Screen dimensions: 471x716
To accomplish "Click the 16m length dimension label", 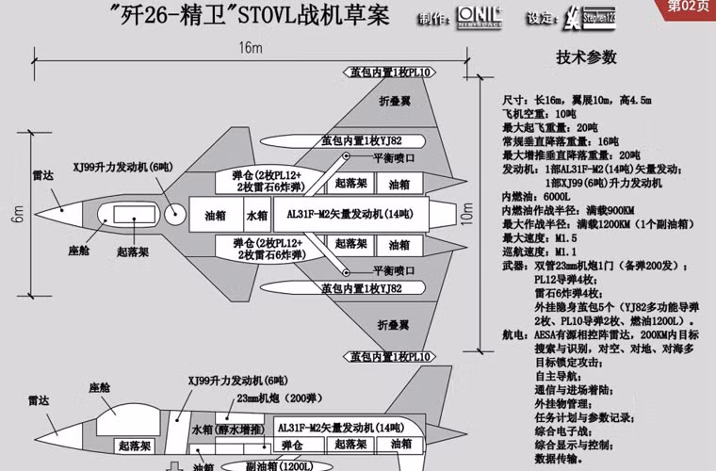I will tap(250, 48).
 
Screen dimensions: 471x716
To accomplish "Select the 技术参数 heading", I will tap(585, 57).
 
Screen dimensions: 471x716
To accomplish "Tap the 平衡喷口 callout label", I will tap(394, 156).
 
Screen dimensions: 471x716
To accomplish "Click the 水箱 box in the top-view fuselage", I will tap(257, 214).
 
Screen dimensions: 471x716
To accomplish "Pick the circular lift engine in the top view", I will tap(175, 214).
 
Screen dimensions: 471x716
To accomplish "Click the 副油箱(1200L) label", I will tap(273, 464).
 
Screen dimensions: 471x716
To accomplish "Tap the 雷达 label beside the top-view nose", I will tap(41, 175).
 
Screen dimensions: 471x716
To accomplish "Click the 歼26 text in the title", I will tap(145, 16).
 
